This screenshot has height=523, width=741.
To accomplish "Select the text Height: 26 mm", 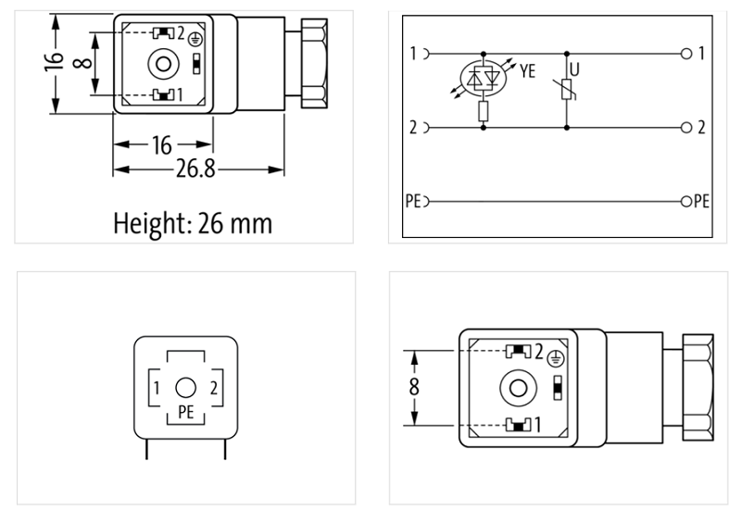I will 193,223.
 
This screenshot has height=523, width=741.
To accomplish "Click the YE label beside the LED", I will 527,70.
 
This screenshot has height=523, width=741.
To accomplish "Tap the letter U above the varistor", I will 575,68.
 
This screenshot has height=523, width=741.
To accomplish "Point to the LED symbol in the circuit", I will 483,81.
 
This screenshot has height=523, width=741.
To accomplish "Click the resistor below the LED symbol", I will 483,112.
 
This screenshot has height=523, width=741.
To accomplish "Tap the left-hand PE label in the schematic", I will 413,201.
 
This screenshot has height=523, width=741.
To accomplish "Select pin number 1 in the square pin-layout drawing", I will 158,387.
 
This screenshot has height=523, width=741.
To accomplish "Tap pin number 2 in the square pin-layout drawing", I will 214,387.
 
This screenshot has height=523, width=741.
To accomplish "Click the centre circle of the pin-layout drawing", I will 186,387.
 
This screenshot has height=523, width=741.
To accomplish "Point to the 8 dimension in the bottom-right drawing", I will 414,387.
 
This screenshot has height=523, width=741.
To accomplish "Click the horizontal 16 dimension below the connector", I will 162,145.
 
